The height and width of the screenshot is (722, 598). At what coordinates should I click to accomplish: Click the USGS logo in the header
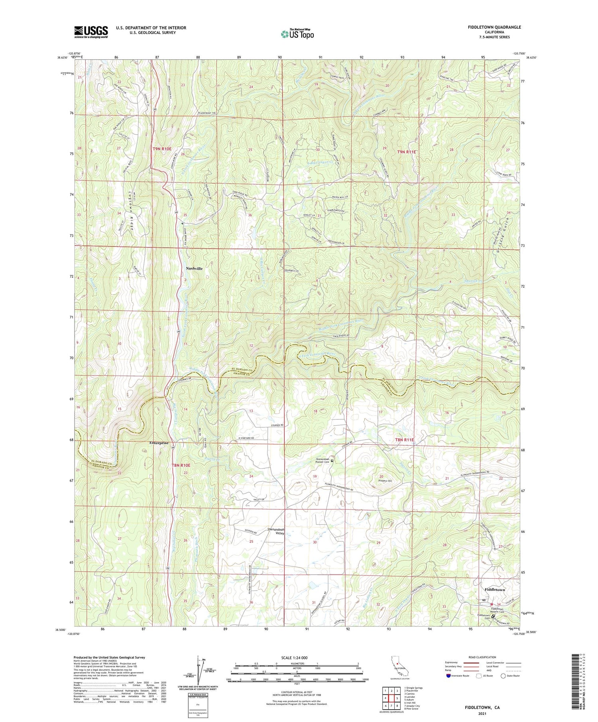coord(91,32)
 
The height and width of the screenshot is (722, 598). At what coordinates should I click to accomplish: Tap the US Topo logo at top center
coord(297,34)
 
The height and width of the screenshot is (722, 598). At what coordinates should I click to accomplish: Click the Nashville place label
coord(194,268)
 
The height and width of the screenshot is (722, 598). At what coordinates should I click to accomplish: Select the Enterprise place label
coord(159,443)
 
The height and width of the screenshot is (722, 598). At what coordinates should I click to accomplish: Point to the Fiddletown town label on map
coord(494,589)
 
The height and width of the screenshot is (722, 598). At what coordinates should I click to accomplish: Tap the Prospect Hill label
coord(382,481)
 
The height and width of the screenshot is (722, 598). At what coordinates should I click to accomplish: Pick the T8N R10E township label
coord(181,465)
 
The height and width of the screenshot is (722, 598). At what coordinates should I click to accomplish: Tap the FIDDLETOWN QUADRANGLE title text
coord(494,27)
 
